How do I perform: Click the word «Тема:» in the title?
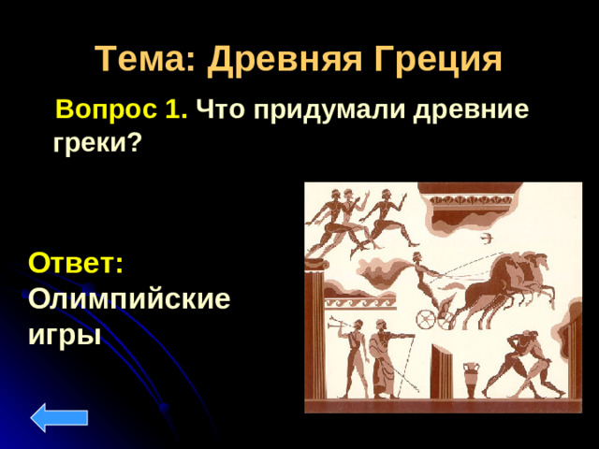click(x=146, y=61)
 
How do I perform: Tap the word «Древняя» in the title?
click(x=280, y=61)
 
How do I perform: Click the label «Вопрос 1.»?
click(x=122, y=110)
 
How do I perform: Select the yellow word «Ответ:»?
click(x=76, y=262)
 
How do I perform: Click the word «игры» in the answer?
click(x=65, y=333)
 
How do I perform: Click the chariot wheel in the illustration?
click(x=427, y=320)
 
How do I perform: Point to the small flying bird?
click(x=486, y=239)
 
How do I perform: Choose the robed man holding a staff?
click(x=383, y=360)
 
